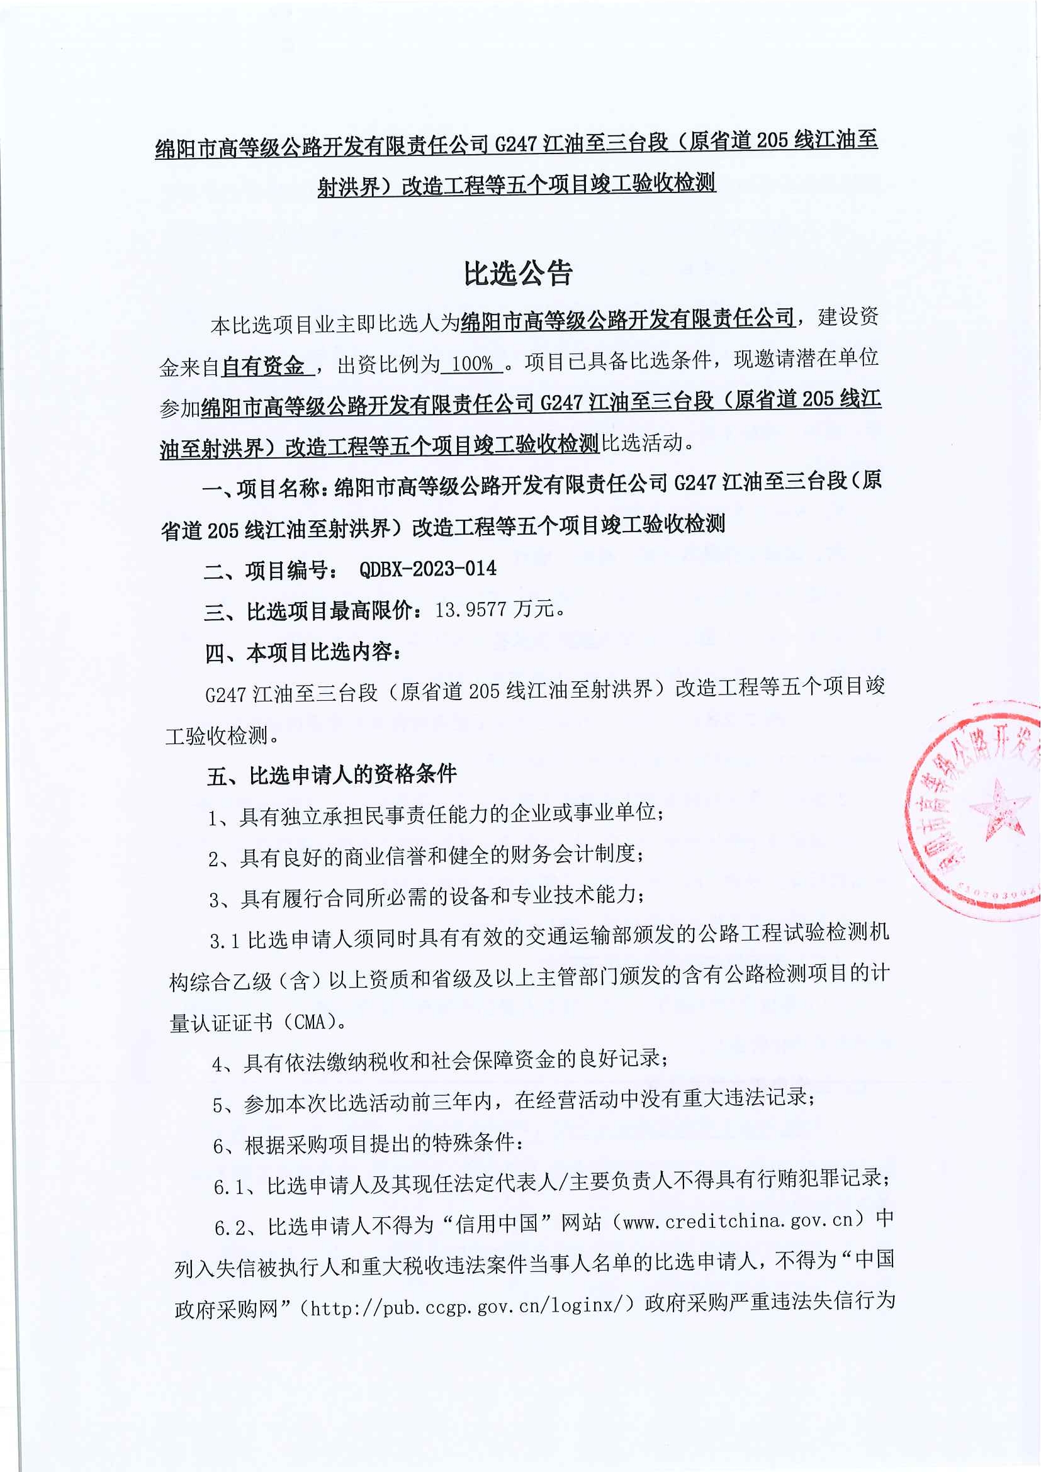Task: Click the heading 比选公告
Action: point(517,274)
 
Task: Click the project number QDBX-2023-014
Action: point(428,569)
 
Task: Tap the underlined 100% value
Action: point(471,364)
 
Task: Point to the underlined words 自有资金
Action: point(264,366)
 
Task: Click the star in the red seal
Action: point(996,810)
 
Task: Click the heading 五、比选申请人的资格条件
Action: point(332,775)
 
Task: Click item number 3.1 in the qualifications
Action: point(225,940)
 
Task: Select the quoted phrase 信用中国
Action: point(497,1224)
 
